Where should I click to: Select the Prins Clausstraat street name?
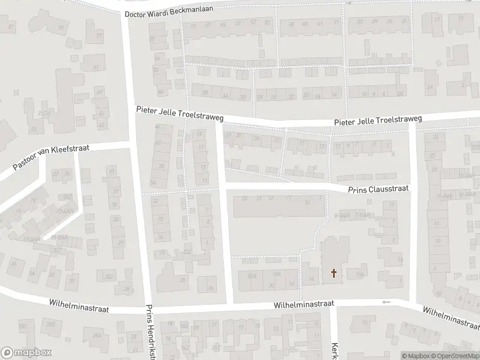point(379,188)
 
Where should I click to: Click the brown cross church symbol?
point(334,274)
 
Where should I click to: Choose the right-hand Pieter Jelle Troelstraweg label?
point(378,121)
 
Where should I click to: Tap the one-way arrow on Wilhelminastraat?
point(386,302)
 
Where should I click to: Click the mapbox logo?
point(26,353)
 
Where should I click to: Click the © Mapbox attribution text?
point(416,356)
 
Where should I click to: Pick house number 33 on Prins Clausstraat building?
point(307,202)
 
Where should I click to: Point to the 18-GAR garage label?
point(59,238)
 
